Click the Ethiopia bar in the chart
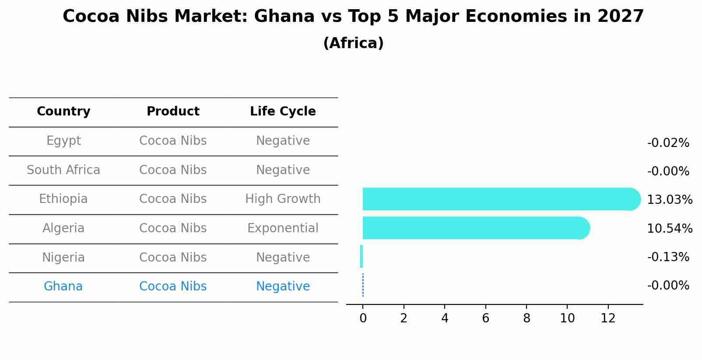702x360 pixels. pyautogui.click(x=499, y=199)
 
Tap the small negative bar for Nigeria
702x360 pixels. pyautogui.click(x=362, y=256)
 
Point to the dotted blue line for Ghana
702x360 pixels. pyautogui.click(x=363, y=285)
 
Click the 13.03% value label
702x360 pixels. pyautogui.click(x=669, y=200)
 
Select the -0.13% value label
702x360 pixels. pyautogui.click(x=668, y=257)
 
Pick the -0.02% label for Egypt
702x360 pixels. pyautogui.click(x=668, y=143)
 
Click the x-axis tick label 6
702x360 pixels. pyautogui.click(x=485, y=318)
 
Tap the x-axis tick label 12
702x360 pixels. pyautogui.click(x=608, y=318)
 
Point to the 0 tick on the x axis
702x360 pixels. pyautogui.click(x=363, y=318)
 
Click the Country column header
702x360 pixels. pyautogui.click(x=63, y=112)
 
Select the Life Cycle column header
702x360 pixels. pyautogui.click(x=283, y=112)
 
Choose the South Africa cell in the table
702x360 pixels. pyautogui.click(x=63, y=170)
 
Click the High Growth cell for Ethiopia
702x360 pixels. pyautogui.click(x=283, y=199)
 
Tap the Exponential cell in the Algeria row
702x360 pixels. pyautogui.click(x=283, y=228)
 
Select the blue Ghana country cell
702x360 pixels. pyautogui.click(x=63, y=287)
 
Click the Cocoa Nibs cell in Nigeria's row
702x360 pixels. pyautogui.click(x=173, y=258)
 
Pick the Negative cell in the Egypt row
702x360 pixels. pyautogui.click(x=283, y=141)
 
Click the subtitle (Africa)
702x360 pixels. pyautogui.click(x=353, y=43)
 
